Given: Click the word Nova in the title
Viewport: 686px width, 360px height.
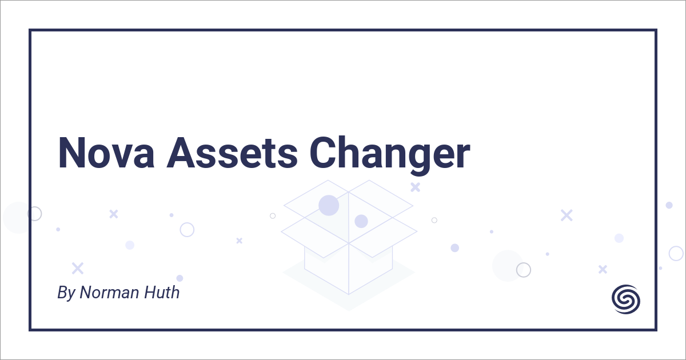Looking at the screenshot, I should (105, 153).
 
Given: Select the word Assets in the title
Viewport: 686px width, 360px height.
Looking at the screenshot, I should (232, 153).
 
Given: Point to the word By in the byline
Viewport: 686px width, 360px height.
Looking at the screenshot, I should (66, 293).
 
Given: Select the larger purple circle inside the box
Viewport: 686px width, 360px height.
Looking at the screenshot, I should (329, 205).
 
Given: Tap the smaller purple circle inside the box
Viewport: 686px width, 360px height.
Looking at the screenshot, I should (361, 221).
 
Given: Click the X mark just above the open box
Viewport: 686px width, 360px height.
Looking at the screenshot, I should (415, 187).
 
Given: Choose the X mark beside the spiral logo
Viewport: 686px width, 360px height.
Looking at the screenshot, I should (602, 269).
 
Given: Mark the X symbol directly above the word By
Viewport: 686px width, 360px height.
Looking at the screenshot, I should (77, 268).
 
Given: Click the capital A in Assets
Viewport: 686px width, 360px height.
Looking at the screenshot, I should (180, 153).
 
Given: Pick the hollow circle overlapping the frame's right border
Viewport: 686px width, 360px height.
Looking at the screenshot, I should (676, 253).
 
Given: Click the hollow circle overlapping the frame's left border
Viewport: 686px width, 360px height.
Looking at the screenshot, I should (34, 214).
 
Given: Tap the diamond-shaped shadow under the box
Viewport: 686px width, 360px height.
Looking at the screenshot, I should (349, 286).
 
